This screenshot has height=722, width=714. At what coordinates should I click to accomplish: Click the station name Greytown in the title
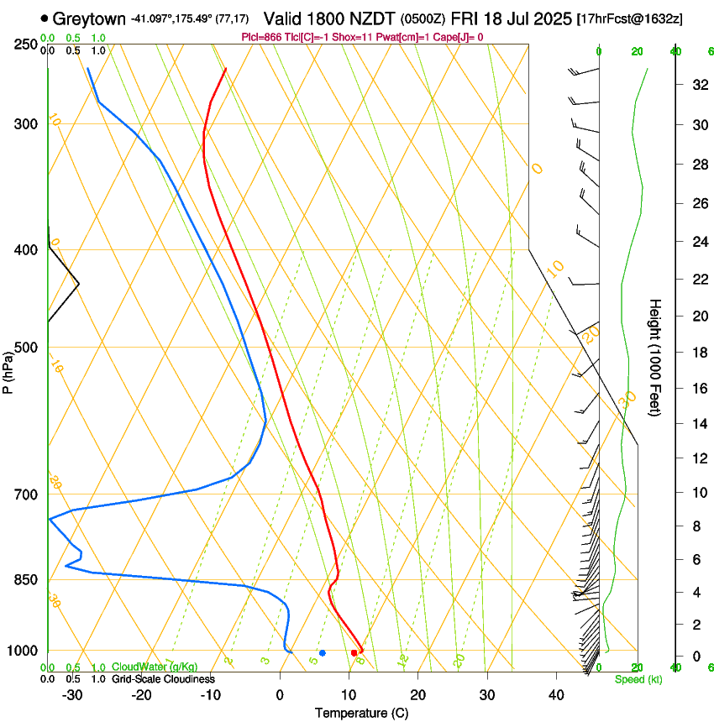click(x=90, y=18)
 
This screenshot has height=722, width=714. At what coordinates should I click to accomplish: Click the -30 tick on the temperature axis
click(x=72, y=694)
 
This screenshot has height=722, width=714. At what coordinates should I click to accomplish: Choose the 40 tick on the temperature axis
click(x=556, y=694)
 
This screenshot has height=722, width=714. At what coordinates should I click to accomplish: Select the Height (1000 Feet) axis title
click(x=655, y=357)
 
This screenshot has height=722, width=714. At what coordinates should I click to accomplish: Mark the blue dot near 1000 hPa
click(x=323, y=652)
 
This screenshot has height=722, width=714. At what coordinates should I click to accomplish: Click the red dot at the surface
click(x=354, y=652)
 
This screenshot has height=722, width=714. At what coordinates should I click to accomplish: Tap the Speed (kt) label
click(x=638, y=679)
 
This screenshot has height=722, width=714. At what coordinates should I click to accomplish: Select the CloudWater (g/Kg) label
click(x=155, y=667)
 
